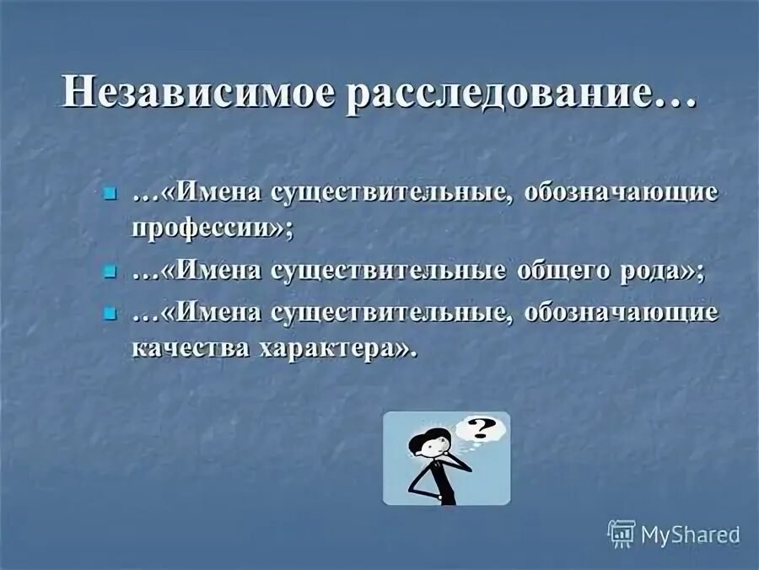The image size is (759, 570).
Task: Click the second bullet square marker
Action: point(108,272)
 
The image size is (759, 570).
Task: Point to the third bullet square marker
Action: point(108,314)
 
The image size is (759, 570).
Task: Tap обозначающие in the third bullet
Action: point(622,313)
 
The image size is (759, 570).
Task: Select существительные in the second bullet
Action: point(389,272)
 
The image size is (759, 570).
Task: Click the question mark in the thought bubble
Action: point(481,429)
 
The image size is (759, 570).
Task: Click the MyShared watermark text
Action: point(690,535)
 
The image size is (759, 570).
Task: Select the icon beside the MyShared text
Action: point(622,534)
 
